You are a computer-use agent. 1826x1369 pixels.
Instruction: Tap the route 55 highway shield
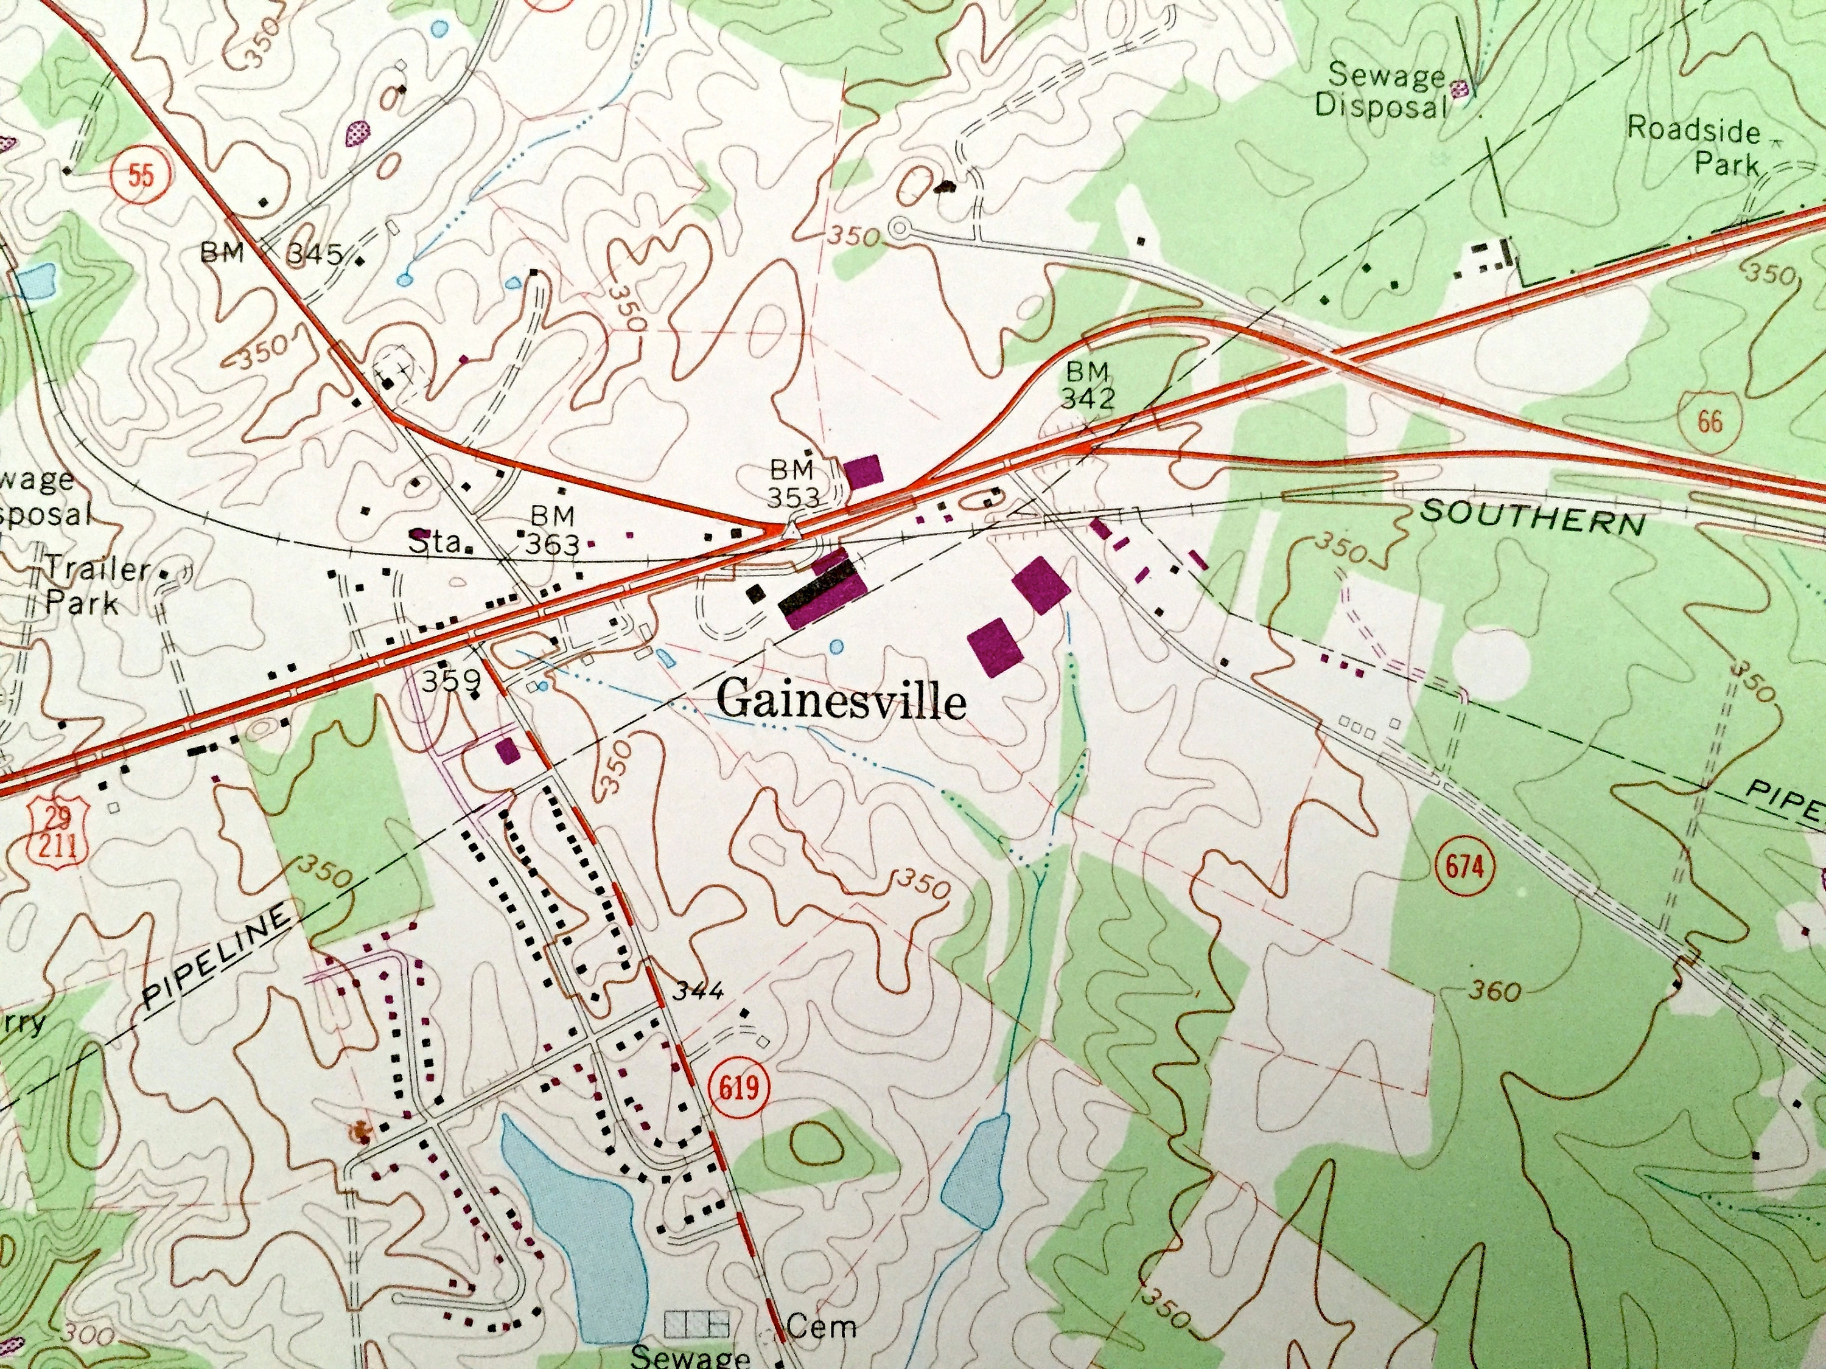point(141,178)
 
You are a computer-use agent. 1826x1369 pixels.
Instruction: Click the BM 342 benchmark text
point(1088,385)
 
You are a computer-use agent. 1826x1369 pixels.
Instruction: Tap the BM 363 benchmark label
point(553,530)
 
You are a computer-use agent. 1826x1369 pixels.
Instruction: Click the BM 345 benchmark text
point(273,253)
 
